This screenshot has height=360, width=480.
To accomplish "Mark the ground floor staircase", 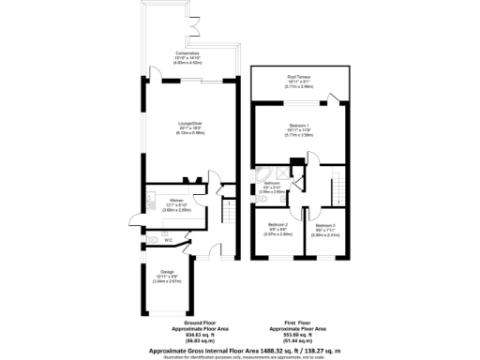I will click(228, 217).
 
